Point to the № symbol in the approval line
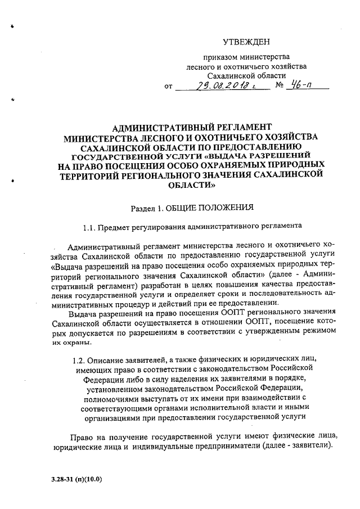click(x=278, y=87)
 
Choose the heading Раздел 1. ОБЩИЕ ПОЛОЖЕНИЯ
click(x=192, y=208)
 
